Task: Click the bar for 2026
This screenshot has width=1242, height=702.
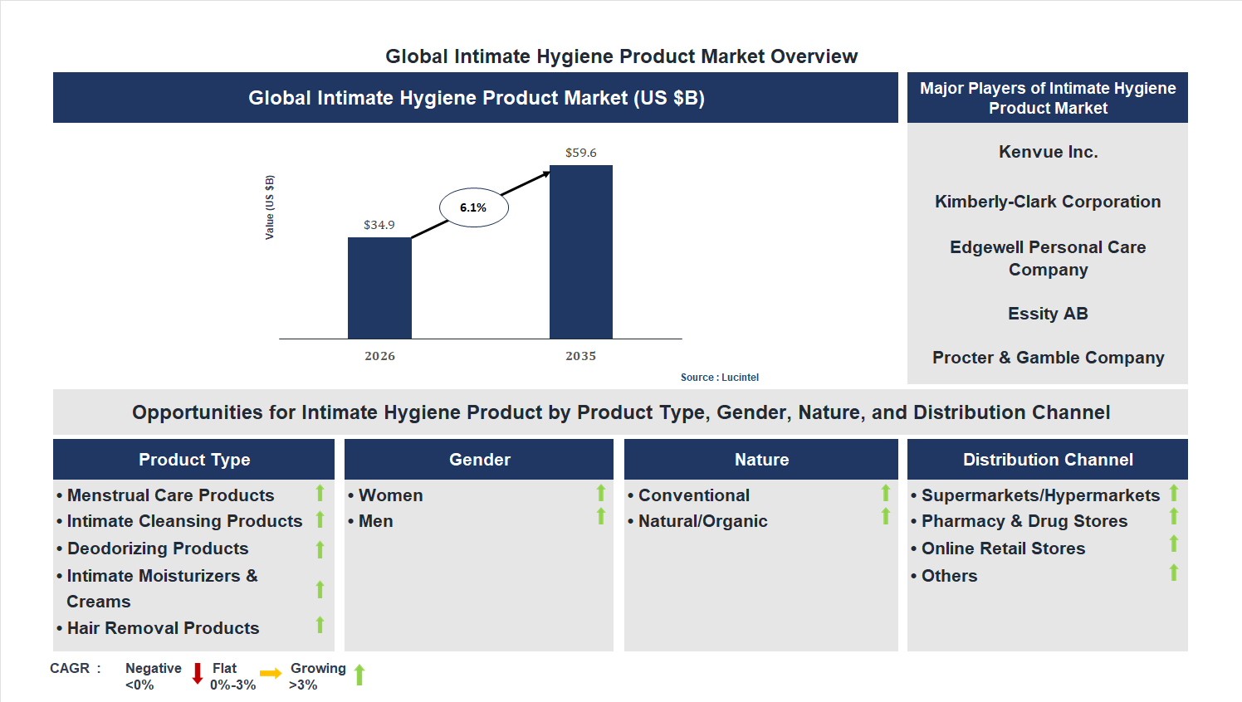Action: (x=379, y=288)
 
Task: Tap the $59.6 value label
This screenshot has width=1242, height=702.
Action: (x=580, y=153)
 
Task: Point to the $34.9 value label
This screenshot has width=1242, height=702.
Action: (x=379, y=225)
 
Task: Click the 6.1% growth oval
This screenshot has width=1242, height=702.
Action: (x=473, y=207)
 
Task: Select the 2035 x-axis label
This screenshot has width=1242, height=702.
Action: (x=580, y=356)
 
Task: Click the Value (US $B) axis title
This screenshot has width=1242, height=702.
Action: (x=269, y=207)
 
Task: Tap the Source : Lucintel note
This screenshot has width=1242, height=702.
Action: (x=719, y=378)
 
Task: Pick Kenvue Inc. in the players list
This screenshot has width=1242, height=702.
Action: (x=1048, y=152)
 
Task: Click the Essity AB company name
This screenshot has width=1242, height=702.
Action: (x=1048, y=314)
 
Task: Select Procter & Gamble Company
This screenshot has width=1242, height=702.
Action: (x=1048, y=358)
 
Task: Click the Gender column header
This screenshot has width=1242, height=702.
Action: (x=479, y=460)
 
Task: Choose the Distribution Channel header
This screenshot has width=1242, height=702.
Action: (x=1048, y=460)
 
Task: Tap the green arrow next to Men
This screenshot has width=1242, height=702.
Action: (x=601, y=517)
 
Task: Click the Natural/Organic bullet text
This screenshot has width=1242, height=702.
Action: (x=702, y=521)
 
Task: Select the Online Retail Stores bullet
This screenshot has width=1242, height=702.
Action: (x=1003, y=548)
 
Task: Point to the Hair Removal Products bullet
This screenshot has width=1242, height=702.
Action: (x=163, y=628)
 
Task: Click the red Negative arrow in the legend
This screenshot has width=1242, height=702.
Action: (x=198, y=673)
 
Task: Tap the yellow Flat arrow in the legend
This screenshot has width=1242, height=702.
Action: (x=270, y=674)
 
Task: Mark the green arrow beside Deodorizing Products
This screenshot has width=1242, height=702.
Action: (x=320, y=549)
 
